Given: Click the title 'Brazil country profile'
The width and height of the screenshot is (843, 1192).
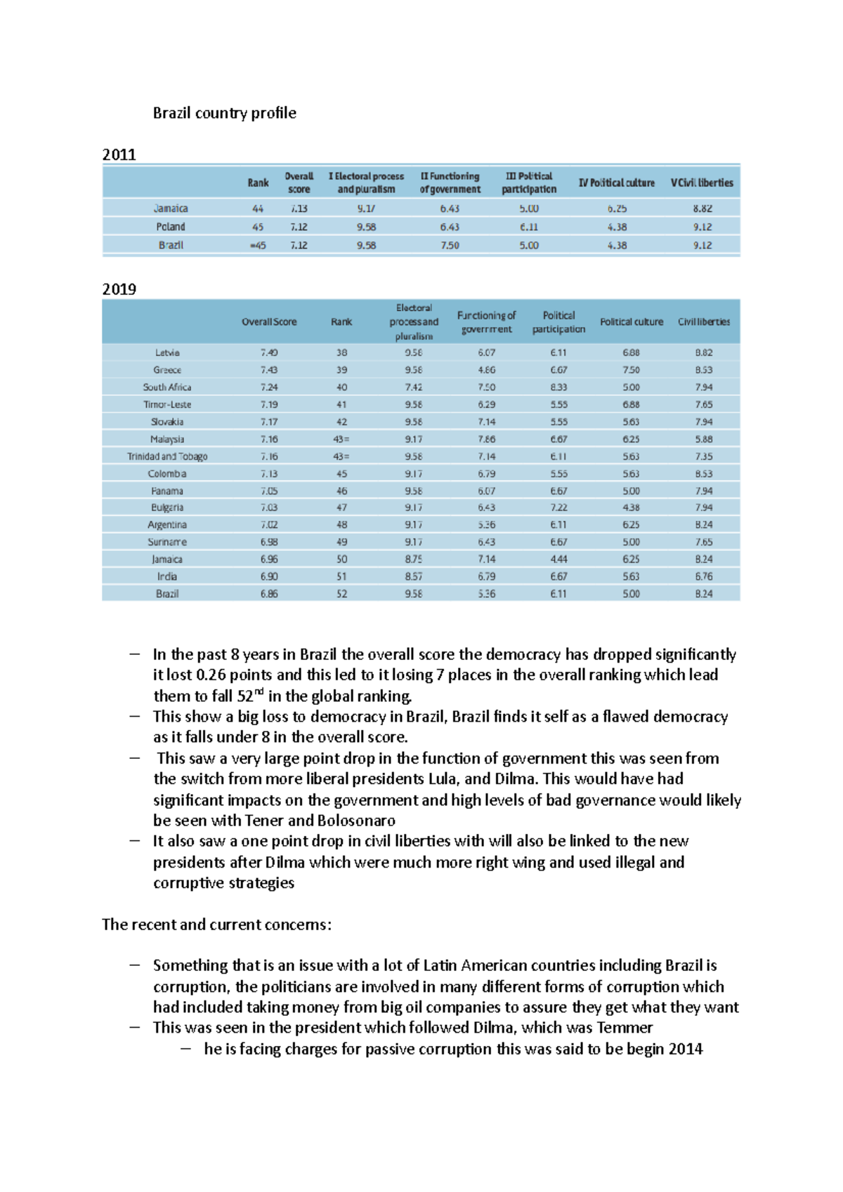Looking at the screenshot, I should [224, 113].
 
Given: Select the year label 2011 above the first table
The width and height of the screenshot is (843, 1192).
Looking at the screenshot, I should [119, 154].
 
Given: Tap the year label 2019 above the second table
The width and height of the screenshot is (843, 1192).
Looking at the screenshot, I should [119, 289].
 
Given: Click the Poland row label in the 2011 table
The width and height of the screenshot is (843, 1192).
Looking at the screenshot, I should [171, 227].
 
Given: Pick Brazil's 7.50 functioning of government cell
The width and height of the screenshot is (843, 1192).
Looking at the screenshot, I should [450, 245].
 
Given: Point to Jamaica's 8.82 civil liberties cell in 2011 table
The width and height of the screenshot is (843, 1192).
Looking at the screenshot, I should [702, 208].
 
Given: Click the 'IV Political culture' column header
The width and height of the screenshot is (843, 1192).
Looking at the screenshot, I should [616, 183].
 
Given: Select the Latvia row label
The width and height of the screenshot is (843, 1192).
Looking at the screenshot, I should [167, 352].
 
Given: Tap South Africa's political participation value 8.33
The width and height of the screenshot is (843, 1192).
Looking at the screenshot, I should [558, 387].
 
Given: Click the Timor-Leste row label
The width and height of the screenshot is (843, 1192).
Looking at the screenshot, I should [167, 404].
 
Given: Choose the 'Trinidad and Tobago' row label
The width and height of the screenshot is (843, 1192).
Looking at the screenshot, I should [167, 456].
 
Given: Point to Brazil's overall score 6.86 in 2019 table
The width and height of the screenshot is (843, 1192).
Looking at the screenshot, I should [269, 594].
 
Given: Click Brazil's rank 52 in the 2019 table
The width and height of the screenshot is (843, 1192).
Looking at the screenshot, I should [341, 594].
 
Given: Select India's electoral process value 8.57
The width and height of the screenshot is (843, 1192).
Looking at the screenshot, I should [414, 576].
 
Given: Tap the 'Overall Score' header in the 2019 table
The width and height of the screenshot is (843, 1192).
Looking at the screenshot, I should [269, 322].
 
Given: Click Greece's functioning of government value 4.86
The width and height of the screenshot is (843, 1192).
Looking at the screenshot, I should [486, 370].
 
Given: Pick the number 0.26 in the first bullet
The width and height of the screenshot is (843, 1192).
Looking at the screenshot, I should [211, 675].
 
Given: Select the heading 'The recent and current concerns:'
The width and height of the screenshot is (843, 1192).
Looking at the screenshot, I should [216, 925].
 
